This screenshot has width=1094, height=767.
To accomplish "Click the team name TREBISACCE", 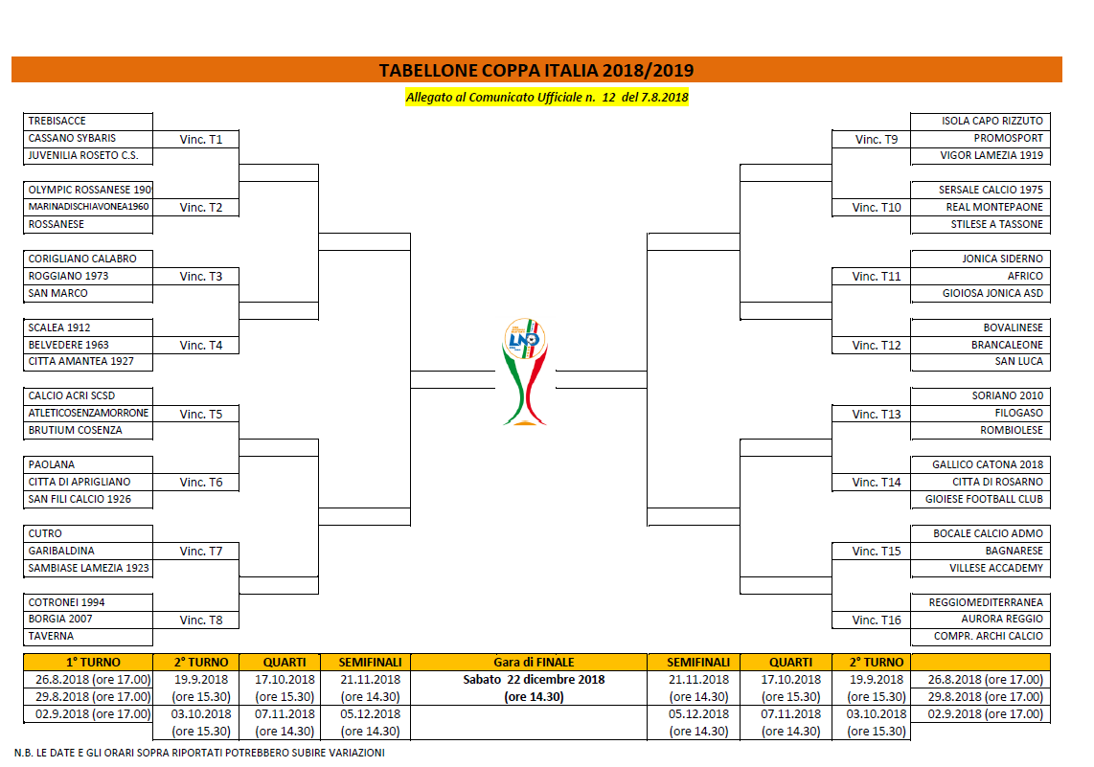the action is (x=57, y=121).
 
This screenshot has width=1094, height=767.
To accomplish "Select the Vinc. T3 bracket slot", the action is (x=201, y=276).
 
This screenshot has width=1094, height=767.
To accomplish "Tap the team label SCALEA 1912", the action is (x=59, y=327).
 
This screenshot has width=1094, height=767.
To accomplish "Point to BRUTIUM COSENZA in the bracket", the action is (x=76, y=430).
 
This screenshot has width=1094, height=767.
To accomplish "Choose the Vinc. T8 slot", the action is (x=201, y=620).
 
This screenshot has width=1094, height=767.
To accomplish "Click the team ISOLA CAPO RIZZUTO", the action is (x=992, y=121).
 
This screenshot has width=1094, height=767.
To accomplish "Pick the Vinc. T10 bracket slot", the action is (x=877, y=207).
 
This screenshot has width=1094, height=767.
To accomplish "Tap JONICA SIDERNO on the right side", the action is (x=1003, y=259).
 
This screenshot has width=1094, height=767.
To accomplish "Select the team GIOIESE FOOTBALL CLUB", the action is (x=984, y=499).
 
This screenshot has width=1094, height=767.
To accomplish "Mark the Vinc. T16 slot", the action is (x=877, y=620).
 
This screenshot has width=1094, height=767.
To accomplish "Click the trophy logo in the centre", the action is (x=525, y=372).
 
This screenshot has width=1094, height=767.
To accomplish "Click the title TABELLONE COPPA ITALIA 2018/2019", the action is (x=536, y=71).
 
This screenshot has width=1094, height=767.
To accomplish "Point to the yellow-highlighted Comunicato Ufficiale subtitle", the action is (x=547, y=97).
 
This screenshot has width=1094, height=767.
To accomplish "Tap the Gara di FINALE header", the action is (x=534, y=662).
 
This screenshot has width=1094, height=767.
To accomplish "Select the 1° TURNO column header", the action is (x=93, y=662).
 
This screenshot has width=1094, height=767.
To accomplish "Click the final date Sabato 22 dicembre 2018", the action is (x=534, y=679).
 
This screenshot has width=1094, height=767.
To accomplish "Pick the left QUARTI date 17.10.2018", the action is (x=285, y=679).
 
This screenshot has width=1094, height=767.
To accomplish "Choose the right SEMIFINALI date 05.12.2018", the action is (x=698, y=714).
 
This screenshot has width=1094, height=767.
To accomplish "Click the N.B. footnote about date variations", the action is (x=199, y=753).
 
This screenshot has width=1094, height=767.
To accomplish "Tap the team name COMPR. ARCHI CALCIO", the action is (x=989, y=636).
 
